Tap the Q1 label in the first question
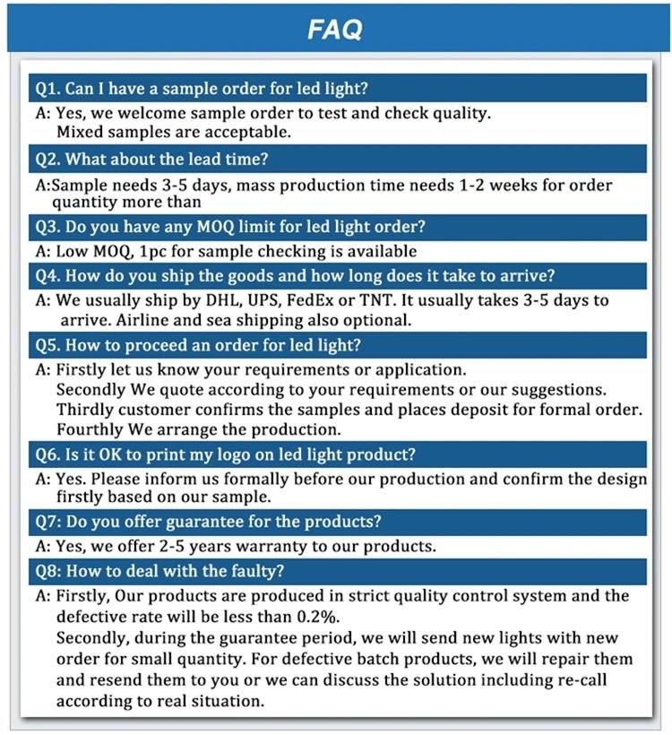47,89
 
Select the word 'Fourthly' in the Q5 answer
90,429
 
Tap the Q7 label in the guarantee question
47,521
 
